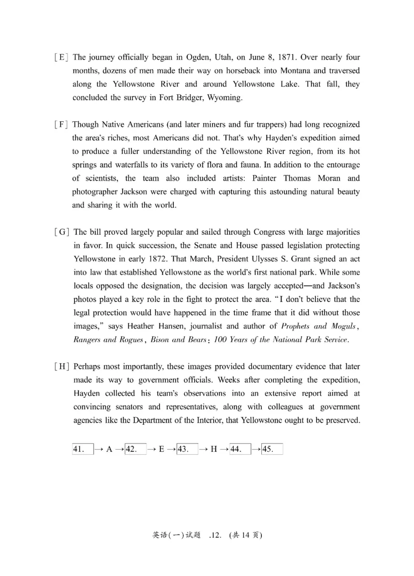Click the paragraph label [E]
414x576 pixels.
click(61, 57)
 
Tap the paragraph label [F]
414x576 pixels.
click(61, 125)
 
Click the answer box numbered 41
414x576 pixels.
click(83, 449)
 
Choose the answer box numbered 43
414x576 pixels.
click(187, 449)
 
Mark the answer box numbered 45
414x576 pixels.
click(272, 449)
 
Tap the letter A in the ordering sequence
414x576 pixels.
click(109, 450)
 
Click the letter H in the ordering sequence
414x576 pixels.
click(214, 450)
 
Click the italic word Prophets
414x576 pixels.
click(297, 326)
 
